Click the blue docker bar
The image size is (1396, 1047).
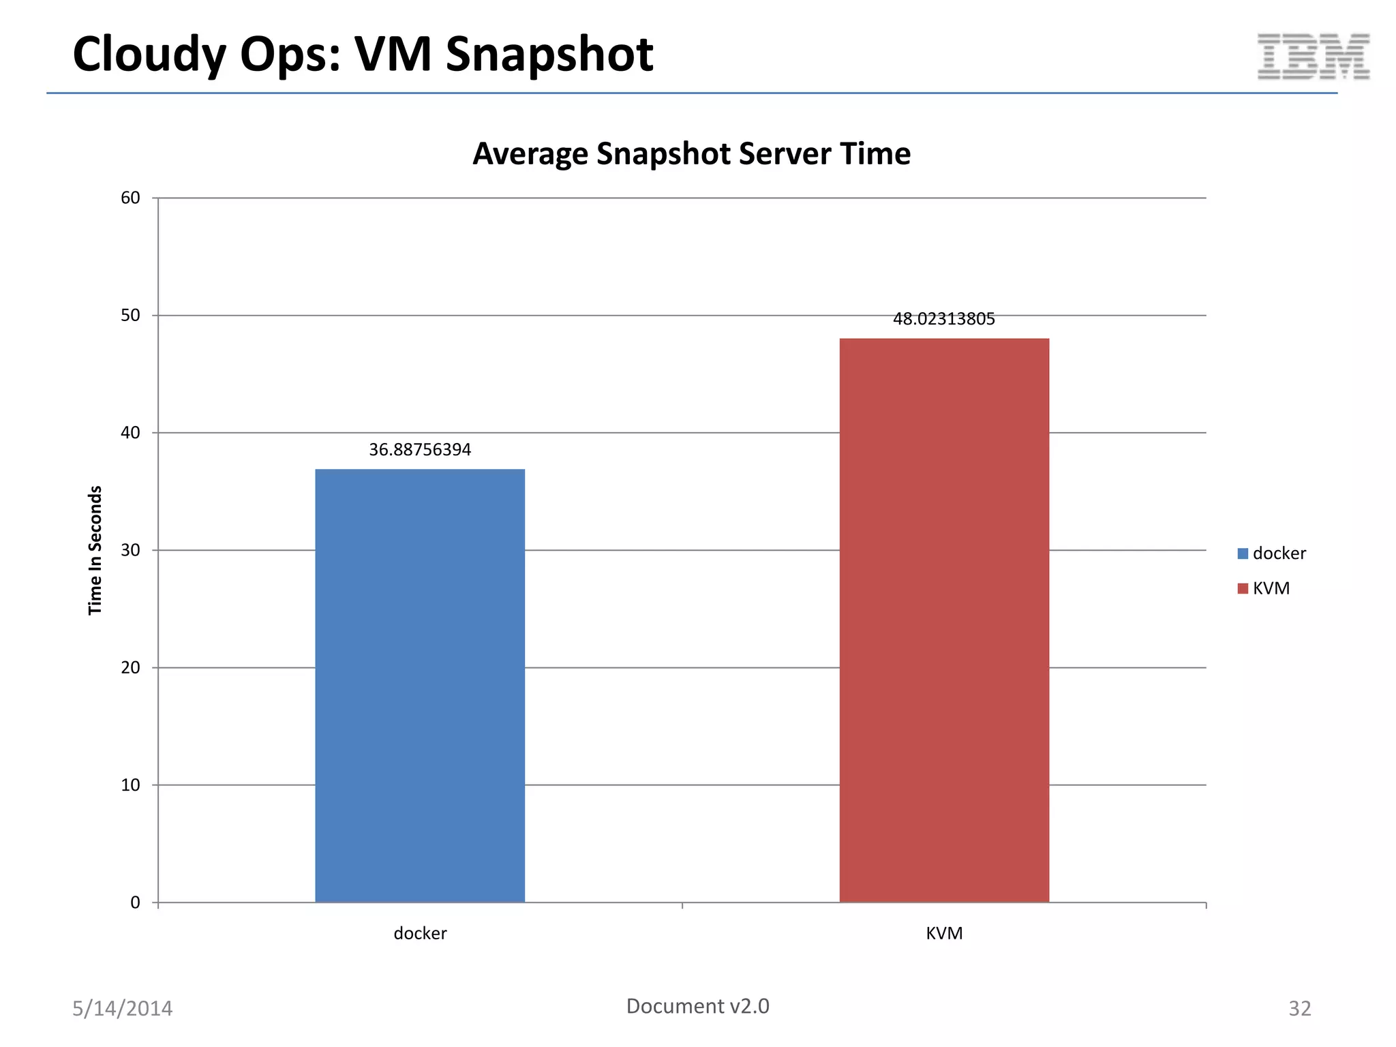click(420, 685)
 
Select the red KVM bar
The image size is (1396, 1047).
click(944, 620)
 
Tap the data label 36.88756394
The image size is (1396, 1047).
click(420, 450)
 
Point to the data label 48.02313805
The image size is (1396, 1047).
click(944, 319)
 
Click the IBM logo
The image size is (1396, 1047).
click(1314, 57)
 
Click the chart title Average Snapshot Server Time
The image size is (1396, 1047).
click(691, 153)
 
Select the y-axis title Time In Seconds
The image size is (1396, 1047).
click(95, 550)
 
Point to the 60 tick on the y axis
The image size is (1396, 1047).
click(130, 198)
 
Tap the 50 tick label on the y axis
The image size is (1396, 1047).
click(130, 316)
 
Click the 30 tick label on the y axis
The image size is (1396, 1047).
click(130, 550)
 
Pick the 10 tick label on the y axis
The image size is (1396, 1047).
click(130, 785)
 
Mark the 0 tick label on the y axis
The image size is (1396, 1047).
click(135, 902)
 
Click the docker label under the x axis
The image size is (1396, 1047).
click(420, 933)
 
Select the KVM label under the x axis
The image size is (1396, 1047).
click(944, 933)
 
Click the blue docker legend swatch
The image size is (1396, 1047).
click(1243, 553)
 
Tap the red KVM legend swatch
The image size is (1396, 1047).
click(1243, 588)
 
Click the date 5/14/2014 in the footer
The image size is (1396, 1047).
click(122, 1008)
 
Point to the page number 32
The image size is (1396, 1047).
click(1299, 1008)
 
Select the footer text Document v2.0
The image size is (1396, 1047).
click(697, 1006)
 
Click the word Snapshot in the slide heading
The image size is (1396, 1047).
click(549, 55)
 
